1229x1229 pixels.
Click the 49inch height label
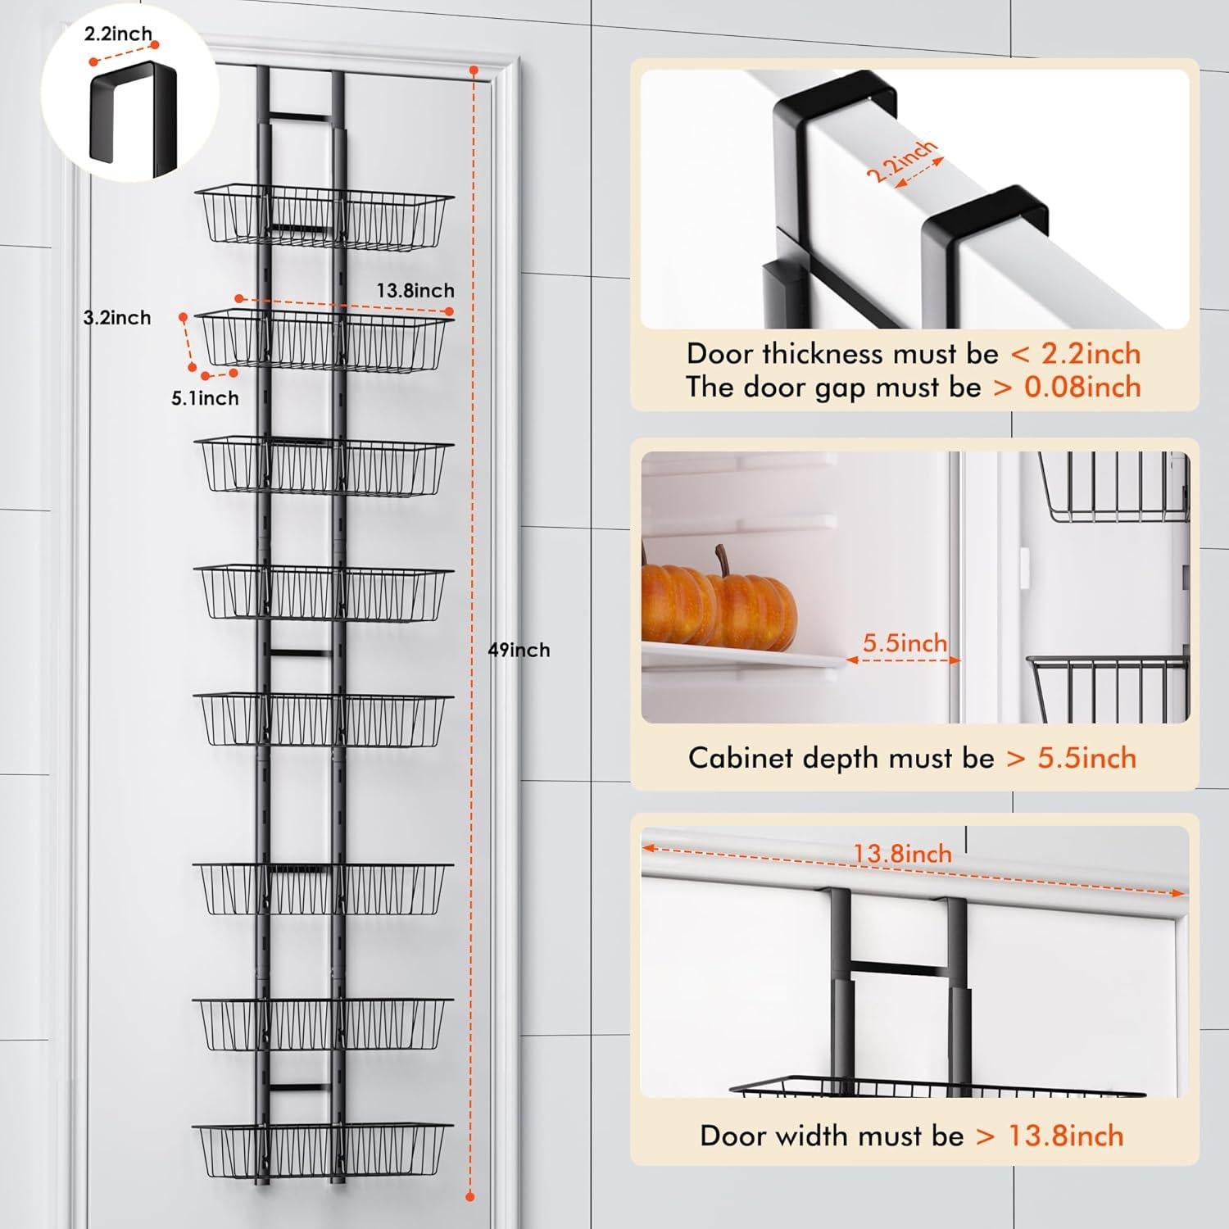(x=519, y=650)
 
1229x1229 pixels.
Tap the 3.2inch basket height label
(x=117, y=318)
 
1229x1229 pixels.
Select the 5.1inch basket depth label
(x=205, y=398)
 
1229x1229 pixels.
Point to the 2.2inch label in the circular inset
(x=118, y=34)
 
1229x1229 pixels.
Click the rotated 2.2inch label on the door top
(x=900, y=162)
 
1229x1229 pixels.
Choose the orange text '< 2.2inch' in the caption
(x=1075, y=354)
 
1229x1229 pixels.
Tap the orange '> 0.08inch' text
(x=1067, y=387)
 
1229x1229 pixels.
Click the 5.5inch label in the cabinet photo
(x=905, y=643)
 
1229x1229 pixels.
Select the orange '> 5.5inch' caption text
(x=1071, y=758)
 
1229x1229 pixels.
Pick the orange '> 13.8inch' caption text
(x=1050, y=1136)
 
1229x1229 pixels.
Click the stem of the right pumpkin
(x=723, y=561)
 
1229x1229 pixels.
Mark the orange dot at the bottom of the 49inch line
(x=470, y=1197)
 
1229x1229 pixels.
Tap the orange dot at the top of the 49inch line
(x=473, y=71)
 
